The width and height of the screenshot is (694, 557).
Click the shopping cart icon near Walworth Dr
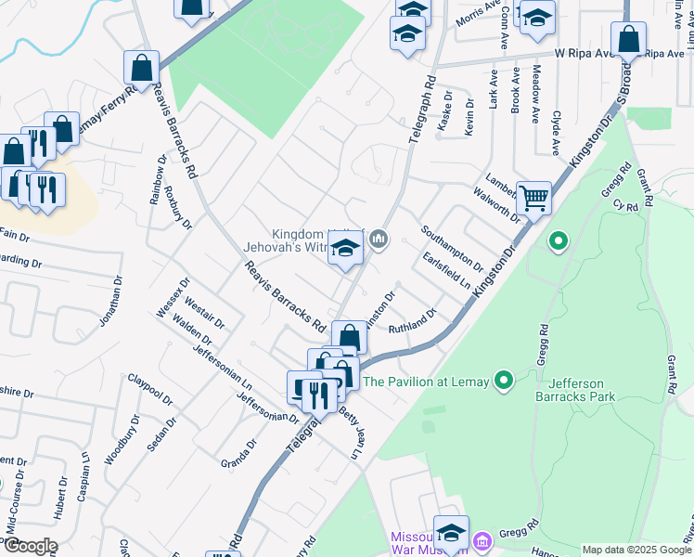coord(533,197)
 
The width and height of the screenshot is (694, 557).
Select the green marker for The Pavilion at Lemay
coord(504,381)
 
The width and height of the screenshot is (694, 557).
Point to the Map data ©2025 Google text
coord(636,550)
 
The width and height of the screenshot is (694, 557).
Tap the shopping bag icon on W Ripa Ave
coord(628,39)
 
